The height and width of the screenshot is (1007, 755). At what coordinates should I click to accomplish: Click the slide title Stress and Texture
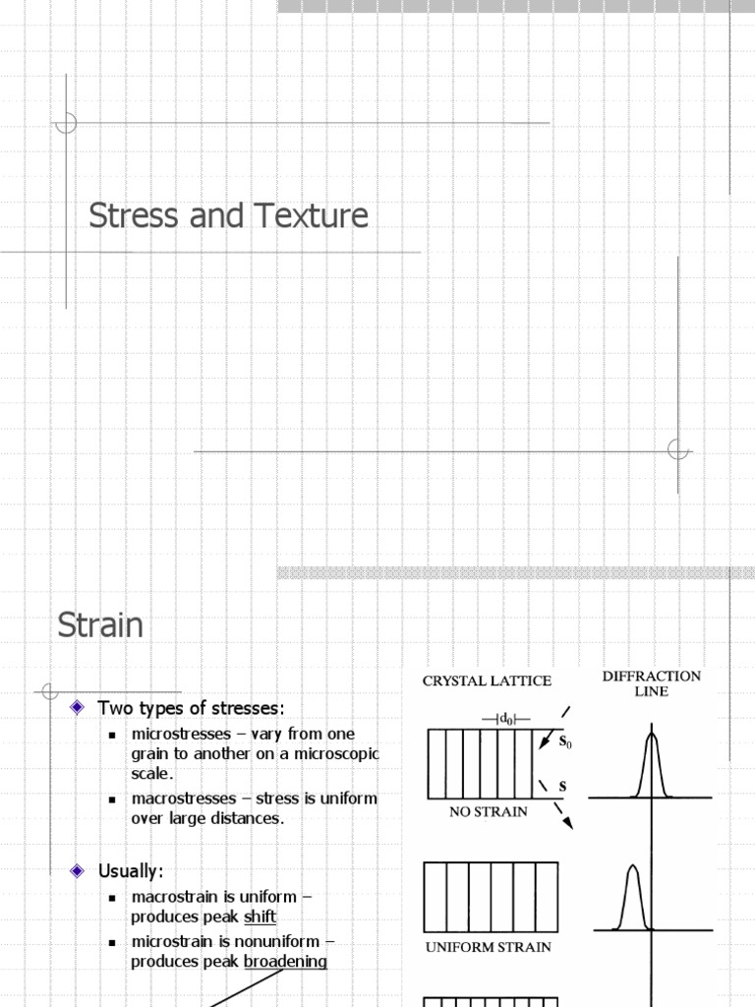click(228, 215)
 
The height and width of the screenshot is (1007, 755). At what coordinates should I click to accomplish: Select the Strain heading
click(100, 625)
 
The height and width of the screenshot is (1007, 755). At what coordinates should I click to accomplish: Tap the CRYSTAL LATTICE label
click(487, 681)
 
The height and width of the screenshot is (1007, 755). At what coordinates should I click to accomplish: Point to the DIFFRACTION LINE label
click(651, 683)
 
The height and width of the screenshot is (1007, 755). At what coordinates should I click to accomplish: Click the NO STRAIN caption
click(489, 812)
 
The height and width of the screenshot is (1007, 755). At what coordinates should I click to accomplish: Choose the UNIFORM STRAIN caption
click(488, 947)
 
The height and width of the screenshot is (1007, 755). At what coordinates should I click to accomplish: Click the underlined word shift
click(260, 918)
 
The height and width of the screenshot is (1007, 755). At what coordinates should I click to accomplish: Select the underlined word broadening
click(285, 962)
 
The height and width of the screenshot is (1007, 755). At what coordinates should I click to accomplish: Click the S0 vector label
click(565, 742)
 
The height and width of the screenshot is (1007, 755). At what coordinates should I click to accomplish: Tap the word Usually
click(130, 871)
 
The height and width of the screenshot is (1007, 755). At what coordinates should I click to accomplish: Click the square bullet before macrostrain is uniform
click(113, 898)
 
